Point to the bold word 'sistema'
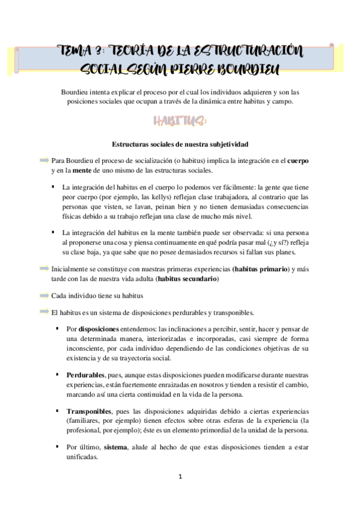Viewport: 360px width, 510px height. [115, 447]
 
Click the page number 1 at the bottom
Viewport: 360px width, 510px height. [180, 476]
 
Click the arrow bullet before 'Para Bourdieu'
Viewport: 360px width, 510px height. [44, 161]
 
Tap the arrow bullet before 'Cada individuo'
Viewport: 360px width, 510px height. [44, 296]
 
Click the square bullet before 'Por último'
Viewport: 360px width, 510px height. [57, 447]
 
